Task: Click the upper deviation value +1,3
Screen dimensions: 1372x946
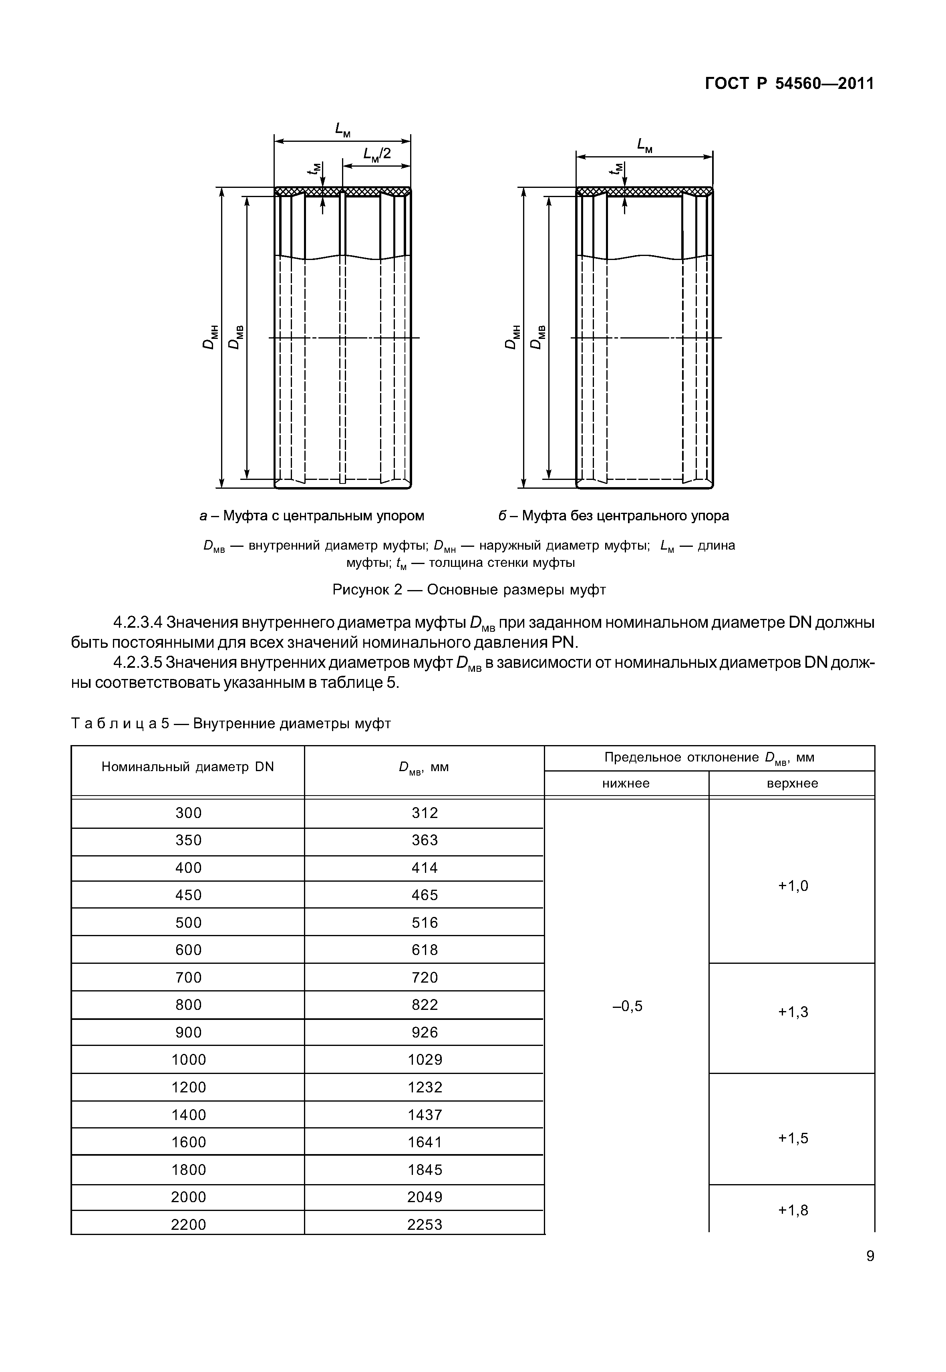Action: (x=793, y=1012)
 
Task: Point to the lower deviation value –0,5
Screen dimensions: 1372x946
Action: (x=627, y=1006)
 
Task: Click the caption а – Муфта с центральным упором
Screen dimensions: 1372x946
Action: (x=312, y=516)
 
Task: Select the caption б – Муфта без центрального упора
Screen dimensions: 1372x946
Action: (x=614, y=516)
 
